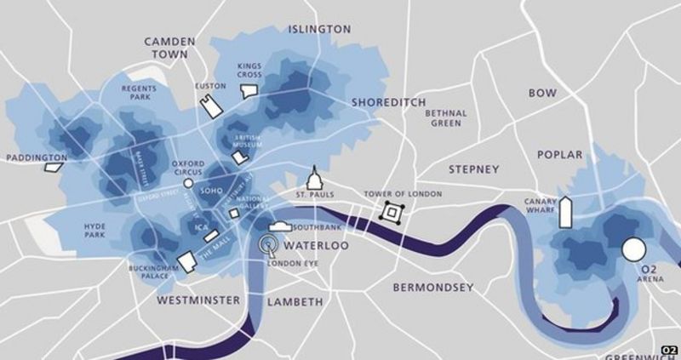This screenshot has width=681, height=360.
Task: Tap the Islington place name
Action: (320, 28)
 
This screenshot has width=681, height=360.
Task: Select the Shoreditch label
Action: (388, 102)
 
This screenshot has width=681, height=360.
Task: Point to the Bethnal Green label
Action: (446, 118)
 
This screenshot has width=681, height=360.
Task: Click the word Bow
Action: (541, 93)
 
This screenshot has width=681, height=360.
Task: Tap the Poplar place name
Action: (559, 155)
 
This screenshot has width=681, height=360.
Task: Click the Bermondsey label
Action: (432, 289)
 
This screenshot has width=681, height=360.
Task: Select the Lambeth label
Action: (295, 302)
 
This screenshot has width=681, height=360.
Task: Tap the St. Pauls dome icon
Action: (314, 178)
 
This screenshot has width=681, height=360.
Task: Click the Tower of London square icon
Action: (392, 213)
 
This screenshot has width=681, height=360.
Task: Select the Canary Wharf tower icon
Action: (565, 213)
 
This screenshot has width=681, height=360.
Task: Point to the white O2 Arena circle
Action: (633, 249)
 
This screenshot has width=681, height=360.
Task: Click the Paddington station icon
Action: (54, 167)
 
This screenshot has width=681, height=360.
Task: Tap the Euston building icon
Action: (208, 102)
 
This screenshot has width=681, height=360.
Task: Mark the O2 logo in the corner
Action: (669, 350)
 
